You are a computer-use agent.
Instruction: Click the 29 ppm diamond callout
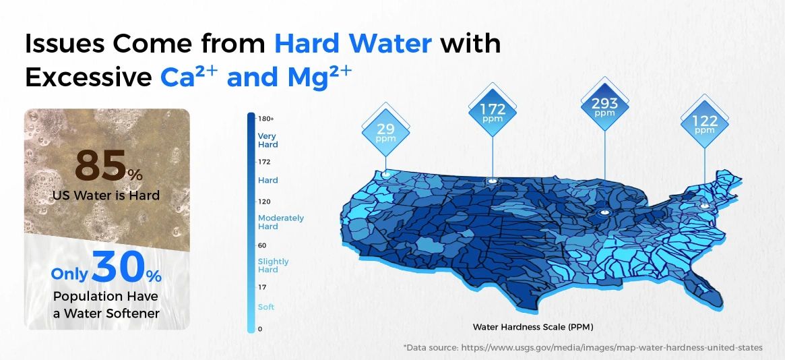386,129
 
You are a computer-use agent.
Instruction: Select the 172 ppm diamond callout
492,111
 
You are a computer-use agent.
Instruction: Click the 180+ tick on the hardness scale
265,119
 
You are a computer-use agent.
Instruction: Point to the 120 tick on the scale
264,202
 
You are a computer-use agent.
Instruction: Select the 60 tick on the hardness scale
262,245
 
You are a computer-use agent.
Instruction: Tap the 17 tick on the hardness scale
262,287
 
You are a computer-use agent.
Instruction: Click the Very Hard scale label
268,140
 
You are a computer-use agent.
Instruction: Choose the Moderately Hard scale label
280,222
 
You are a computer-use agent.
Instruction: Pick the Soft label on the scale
266,307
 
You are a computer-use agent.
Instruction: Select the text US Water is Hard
106,196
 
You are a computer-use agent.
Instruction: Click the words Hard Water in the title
352,44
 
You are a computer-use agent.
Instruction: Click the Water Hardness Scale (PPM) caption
532,327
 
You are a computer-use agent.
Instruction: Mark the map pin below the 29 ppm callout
385,175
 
